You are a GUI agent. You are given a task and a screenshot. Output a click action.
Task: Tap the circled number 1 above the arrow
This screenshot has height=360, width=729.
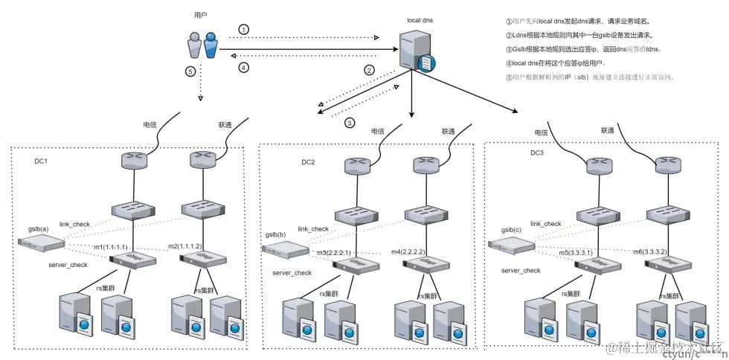[244, 29]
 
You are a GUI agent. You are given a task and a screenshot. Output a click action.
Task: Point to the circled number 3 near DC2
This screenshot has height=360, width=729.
[350, 123]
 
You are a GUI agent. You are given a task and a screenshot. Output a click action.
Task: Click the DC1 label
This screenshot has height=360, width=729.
[42, 161]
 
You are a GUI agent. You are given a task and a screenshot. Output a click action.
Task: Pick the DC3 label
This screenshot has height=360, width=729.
[537, 152]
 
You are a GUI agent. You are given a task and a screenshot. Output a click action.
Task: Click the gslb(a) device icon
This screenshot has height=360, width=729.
[37, 242]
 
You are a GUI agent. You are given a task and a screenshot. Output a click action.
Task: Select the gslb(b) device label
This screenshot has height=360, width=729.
[274, 234]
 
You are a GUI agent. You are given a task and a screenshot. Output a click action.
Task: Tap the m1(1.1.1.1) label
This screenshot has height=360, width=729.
[111, 246]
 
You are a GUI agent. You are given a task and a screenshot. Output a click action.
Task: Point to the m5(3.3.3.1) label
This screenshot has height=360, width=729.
[578, 253]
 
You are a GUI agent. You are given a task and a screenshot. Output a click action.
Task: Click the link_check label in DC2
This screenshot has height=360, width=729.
[313, 228]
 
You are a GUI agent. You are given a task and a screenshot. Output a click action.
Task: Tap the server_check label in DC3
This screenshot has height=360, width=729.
[521, 271]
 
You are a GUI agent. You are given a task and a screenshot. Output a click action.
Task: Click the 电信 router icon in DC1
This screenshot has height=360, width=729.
[135, 161]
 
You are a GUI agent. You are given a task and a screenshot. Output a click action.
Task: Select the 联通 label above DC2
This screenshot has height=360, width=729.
[448, 131]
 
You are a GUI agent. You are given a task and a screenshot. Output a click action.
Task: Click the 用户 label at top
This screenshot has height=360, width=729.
[200, 14]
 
